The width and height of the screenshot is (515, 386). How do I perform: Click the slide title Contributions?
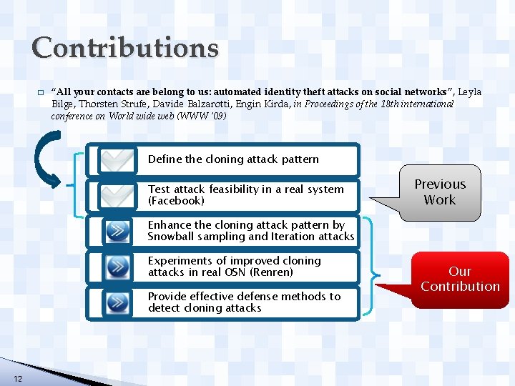[x=125, y=48]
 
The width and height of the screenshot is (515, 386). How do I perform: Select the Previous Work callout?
[x=439, y=192]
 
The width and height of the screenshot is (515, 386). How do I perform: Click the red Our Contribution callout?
[x=460, y=279]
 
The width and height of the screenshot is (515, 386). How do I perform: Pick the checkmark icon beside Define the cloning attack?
[x=117, y=160]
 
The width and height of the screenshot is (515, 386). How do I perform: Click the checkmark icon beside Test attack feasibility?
[x=117, y=195]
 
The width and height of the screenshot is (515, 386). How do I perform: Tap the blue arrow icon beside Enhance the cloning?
[x=117, y=231]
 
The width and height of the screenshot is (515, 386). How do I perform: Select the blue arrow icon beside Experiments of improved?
[x=117, y=267]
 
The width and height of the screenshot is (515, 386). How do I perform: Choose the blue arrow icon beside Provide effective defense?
[x=117, y=302]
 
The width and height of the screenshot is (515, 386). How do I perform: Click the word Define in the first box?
[x=165, y=159]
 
